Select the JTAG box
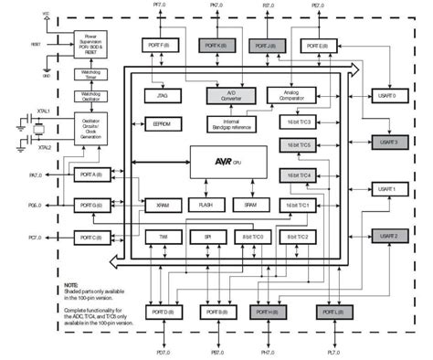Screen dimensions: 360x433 click(x=162, y=95)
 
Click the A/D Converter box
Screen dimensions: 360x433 click(x=225, y=95)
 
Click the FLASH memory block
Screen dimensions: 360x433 click(x=206, y=205)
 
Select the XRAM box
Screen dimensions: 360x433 click(x=162, y=205)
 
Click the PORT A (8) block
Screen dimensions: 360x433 click(x=91, y=174)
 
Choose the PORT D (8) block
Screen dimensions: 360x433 click(x=162, y=312)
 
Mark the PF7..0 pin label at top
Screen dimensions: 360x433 click(x=161, y=6)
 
